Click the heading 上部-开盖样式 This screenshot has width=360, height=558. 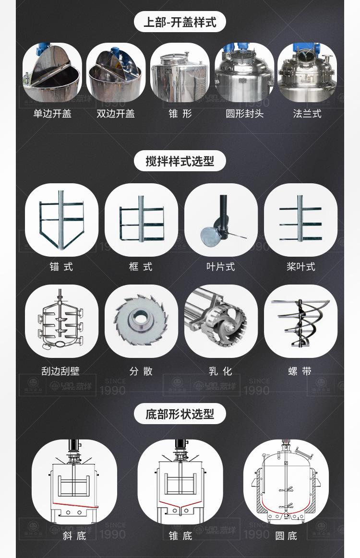[x=180, y=22]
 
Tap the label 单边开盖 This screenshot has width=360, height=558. [x=52, y=114]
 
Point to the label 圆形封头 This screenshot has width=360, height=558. [x=244, y=114]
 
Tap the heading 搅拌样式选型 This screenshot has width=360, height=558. [x=180, y=161]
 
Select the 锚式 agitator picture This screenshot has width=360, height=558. [x=61, y=220]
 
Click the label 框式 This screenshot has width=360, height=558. [x=141, y=267]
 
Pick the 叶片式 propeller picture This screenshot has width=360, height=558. [x=221, y=220]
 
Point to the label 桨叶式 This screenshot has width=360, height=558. [x=300, y=267]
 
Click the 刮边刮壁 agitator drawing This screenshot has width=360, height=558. [x=61, y=321]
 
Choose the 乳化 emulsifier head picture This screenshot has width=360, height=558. [x=221, y=321]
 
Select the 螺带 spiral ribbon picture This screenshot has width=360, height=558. [x=300, y=321]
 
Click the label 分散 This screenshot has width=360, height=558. [x=141, y=371]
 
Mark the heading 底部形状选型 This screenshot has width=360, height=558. [x=180, y=414]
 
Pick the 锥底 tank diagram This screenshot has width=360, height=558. [x=180, y=482]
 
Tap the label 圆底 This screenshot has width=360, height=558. [x=286, y=535]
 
